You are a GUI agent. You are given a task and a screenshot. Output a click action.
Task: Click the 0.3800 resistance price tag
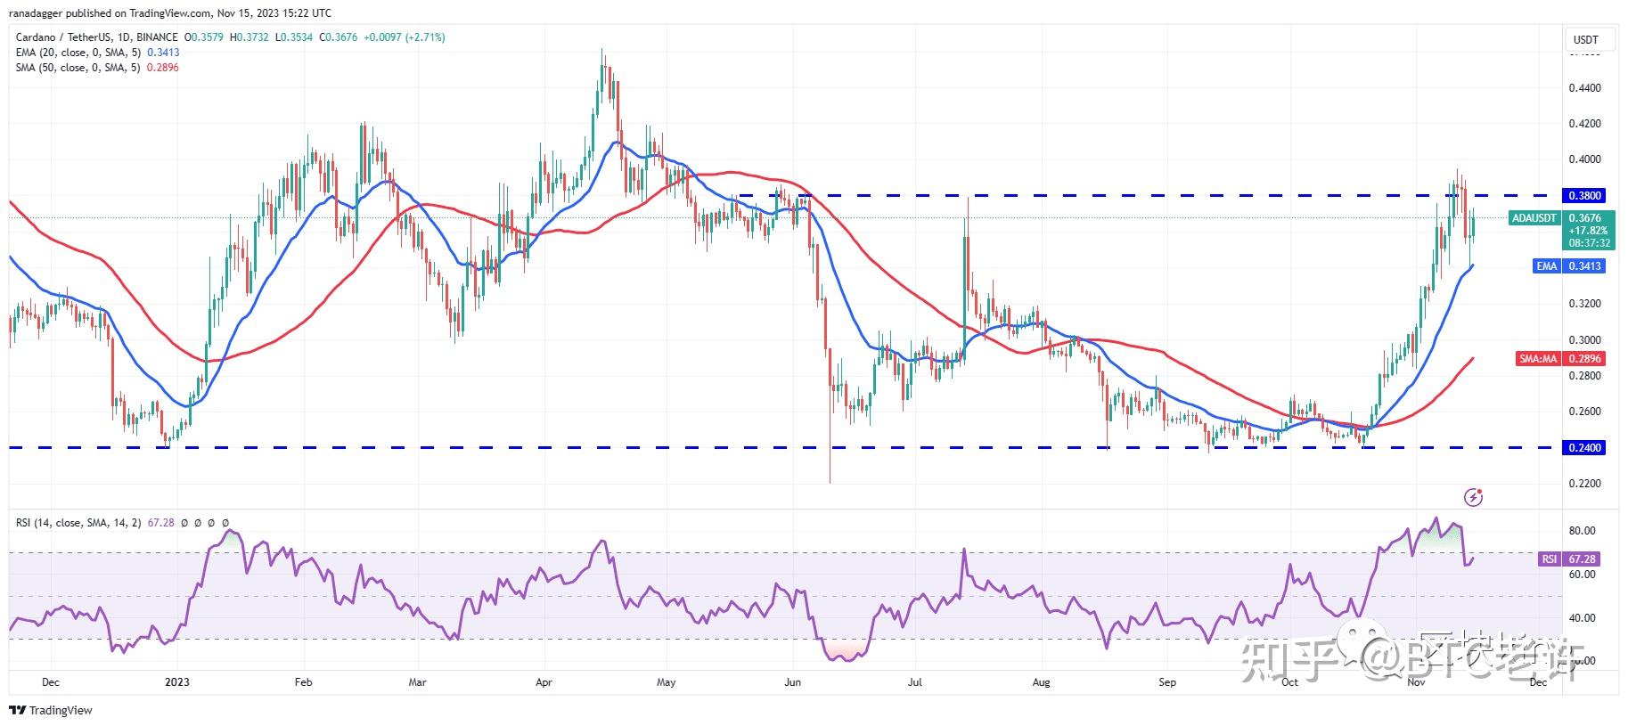click(x=1583, y=195)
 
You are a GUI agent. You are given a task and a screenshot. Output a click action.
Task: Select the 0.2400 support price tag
click(x=1583, y=448)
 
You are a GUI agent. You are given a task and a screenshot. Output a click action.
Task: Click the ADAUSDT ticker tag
click(x=1534, y=218)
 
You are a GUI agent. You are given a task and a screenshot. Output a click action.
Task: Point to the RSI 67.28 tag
click(x=1569, y=559)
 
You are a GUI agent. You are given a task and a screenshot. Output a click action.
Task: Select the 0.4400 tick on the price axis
click(x=1585, y=88)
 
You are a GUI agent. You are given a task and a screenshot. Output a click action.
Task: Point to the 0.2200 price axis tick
click(x=1585, y=484)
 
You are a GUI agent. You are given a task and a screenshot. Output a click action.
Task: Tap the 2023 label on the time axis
click(x=177, y=682)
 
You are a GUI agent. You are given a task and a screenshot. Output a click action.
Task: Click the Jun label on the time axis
click(x=792, y=682)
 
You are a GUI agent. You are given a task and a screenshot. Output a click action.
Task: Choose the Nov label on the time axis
click(x=1415, y=682)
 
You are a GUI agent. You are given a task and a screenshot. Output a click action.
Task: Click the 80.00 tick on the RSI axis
click(x=1582, y=531)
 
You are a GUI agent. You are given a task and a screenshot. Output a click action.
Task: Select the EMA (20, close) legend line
click(x=97, y=53)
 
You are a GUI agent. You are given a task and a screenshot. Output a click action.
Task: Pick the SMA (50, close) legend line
click(x=97, y=68)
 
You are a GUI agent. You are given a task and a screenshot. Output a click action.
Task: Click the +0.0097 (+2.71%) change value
click(x=403, y=37)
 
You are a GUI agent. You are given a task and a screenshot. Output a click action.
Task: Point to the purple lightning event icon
click(x=1473, y=497)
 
